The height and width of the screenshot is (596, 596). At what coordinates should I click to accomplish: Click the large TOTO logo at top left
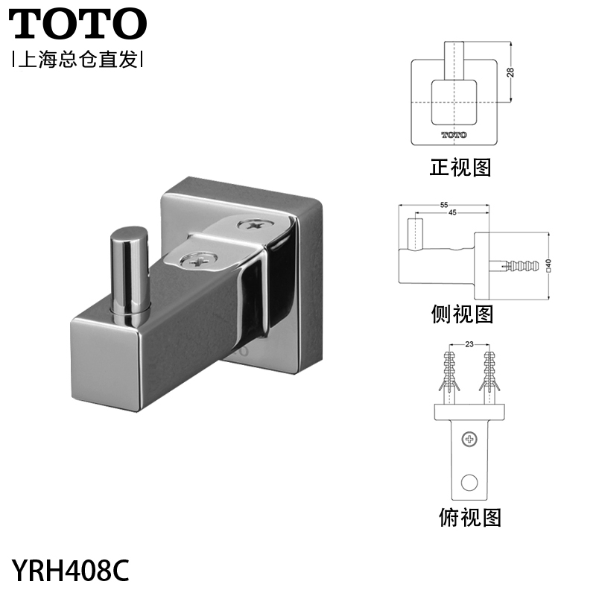pyautogui.click(x=77, y=24)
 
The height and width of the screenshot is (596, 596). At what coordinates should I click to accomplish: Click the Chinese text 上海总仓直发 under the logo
pyautogui.click(x=78, y=60)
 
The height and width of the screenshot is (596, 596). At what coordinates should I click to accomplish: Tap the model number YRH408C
pyautogui.click(x=71, y=570)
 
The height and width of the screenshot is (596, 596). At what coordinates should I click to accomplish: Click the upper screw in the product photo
pyautogui.click(x=254, y=225)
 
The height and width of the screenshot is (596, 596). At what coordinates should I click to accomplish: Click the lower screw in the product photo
pyautogui.click(x=198, y=260)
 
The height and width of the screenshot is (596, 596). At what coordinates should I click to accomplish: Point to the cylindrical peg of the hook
pyautogui.click(x=128, y=276)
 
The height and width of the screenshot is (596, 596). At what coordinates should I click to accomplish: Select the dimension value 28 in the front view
pyautogui.click(x=510, y=72)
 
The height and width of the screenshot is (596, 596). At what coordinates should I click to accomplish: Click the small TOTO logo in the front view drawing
pyautogui.click(x=454, y=135)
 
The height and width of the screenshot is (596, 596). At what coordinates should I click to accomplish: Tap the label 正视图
pyautogui.click(x=460, y=167)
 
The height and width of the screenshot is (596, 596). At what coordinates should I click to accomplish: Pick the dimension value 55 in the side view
pyautogui.click(x=444, y=205)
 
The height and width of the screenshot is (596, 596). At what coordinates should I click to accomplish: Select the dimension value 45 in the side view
pyautogui.click(x=452, y=212)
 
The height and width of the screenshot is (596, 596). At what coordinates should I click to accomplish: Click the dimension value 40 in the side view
pyautogui.click(x=548, y=265)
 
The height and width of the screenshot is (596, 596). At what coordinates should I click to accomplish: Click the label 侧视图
pyautogui.click(x=462, y=314)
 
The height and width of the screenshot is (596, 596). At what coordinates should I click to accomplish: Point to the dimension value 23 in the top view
pyautogui.click(x=469, y=344)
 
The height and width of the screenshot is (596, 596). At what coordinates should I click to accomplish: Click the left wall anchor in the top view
pyautogui.click(x=449, y=378)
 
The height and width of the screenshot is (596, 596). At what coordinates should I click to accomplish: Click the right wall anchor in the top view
pyautogui.click(x=489, y=378)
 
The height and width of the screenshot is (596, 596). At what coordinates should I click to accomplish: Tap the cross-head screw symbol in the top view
pyautogui.click(x=469, y=440)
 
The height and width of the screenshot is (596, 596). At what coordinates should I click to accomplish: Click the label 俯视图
pyautogui.click(x=470, y=517)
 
